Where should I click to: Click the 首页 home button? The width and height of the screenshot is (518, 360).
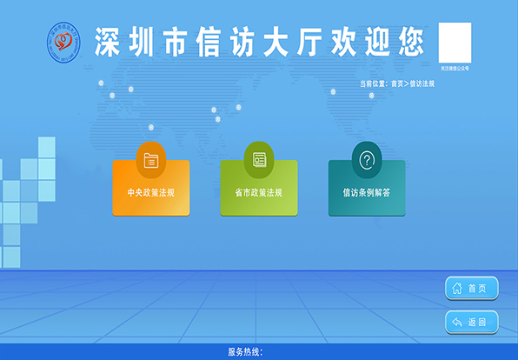[x=472, y=288]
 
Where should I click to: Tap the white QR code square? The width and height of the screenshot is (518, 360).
[x=455, y=42]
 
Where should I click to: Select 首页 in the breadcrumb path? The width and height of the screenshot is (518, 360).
[x=397, y=83]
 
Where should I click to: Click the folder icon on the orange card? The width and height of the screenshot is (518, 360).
[x=151, y=159]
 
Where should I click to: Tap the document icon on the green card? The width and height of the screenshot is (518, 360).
[x=258, y=159]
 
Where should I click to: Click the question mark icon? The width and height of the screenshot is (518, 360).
[x=367, y=159]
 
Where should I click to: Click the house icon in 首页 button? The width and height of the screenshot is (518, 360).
[x=456, y=288]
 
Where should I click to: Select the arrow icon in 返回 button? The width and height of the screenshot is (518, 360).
[x=456, y=322]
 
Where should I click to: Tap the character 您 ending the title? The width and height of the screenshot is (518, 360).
[x=410, y=42]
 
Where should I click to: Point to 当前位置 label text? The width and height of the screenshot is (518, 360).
[x=373, y=83]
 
